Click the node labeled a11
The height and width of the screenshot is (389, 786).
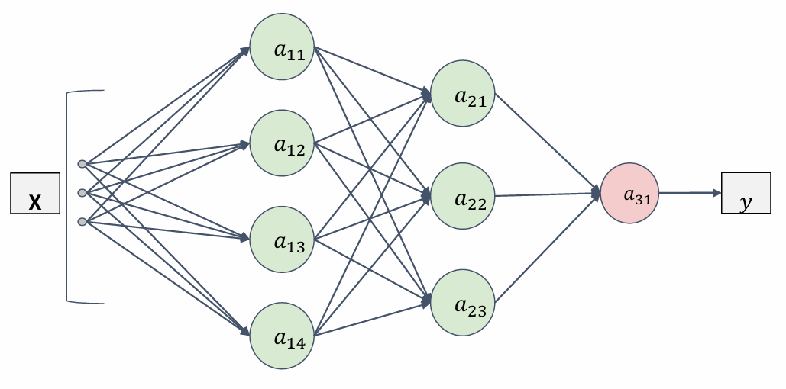282,48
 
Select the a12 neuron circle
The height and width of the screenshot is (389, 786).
282,142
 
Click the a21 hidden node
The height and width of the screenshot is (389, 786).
464,94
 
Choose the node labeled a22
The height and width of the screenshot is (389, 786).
464,196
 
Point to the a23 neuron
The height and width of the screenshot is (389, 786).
464,301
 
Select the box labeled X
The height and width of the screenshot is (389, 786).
35,193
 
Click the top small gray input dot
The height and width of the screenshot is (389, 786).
82,163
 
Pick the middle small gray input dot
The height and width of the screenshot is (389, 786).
82,192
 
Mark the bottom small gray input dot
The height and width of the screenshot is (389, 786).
82,222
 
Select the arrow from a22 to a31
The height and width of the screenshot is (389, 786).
546,195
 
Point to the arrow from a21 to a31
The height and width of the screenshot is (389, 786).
546,143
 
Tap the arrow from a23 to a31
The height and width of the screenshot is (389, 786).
546,247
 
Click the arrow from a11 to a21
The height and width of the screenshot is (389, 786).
370,71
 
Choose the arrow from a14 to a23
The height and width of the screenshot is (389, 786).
370,319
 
